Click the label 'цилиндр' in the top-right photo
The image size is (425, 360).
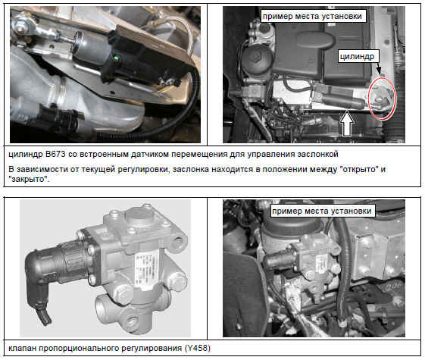click(357, 56)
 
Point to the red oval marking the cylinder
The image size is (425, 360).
click(383, 98)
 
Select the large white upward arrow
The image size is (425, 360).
click(347, 124)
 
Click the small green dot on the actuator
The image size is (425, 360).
click(117, 58)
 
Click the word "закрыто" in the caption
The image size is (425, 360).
click(30, 179)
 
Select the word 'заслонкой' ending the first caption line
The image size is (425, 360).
click(317, 155)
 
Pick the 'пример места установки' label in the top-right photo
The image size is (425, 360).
click(313, 16)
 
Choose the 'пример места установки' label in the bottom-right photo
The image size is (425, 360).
click(322, 211)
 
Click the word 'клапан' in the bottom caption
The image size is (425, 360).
click(23, 348)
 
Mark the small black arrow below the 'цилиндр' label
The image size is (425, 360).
click(379, 69)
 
